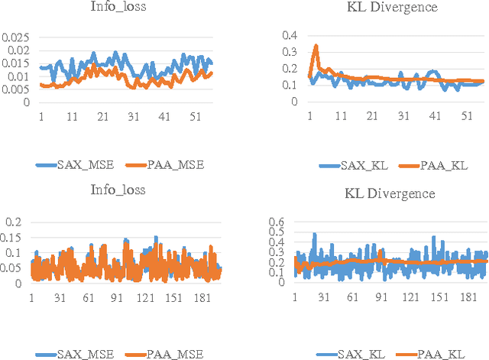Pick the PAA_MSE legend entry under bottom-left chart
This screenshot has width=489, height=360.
point(170,353)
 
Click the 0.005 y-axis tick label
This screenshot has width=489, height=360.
point(15,89)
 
